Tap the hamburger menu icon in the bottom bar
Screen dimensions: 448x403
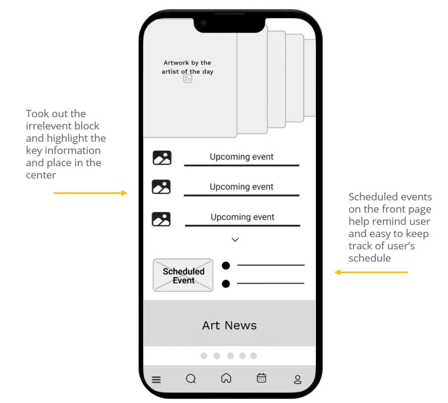click(x=156, y=379)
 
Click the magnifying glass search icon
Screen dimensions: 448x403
click(x=191, y=378)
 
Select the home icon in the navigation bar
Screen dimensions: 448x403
click(x=226, y=378)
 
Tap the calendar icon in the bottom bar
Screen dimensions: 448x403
click(x=262, y=378)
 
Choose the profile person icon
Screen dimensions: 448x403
click(x=297, y=379)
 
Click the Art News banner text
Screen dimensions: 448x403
click(x=229, y=325)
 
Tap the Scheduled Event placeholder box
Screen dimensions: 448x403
click(x=183, y=275)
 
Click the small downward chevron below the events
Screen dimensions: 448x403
click(x=235, y=240)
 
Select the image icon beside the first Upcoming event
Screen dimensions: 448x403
click(x=162, y=158)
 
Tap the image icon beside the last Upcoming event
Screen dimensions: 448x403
click(x=161, y=219)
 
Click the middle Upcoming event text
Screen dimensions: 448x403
click(x=241, y=187)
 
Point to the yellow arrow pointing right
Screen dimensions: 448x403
click(x=90, y=193)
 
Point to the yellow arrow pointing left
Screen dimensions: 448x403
click(x=371, y=272)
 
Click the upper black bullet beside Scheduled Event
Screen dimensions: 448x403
click(x=226, y=266)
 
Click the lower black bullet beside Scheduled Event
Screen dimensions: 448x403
click(x=226, y=284)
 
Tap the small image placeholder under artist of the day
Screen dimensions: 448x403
click(x=187, y=78)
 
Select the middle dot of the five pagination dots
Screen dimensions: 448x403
click(x=230, y=356)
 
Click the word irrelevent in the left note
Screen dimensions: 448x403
click(x=63, y=126)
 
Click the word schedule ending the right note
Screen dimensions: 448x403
click(x=370, y=258)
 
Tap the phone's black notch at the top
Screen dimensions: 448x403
click(x=229, y=25)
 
